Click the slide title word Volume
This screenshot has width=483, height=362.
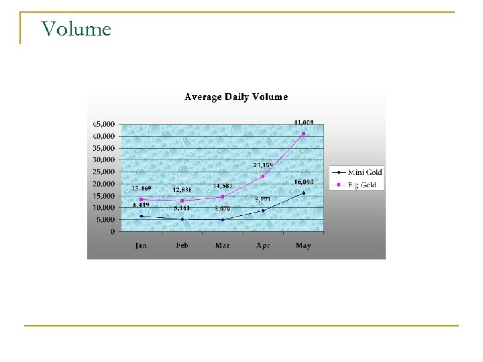[x=76, y=29]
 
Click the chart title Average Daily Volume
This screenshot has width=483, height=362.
[x=236, y=97]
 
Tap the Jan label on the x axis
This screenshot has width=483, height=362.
[x=141, y=246]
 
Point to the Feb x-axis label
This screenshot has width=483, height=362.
[x=182, y=246]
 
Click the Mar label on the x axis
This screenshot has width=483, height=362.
[x=222, y=246]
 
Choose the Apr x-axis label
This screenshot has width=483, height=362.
[x=263, y=246]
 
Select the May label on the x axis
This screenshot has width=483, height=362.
[x=303, y=246]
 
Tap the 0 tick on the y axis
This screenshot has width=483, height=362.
[x=111, y=232]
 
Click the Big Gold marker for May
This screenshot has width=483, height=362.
[x=303, y=133]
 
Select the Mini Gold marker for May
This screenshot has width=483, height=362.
[x=303, y=193]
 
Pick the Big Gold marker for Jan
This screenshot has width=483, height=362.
[x=141, y=199]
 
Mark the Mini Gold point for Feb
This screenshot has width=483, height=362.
[x=182, y=219]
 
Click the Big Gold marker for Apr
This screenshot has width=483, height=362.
[x=263, y=176]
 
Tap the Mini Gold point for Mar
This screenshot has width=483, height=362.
[x=222, y=220]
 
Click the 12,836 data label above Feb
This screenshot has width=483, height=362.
[x=182, y=191]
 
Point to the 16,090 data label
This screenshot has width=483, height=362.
[x=303, y=182]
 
